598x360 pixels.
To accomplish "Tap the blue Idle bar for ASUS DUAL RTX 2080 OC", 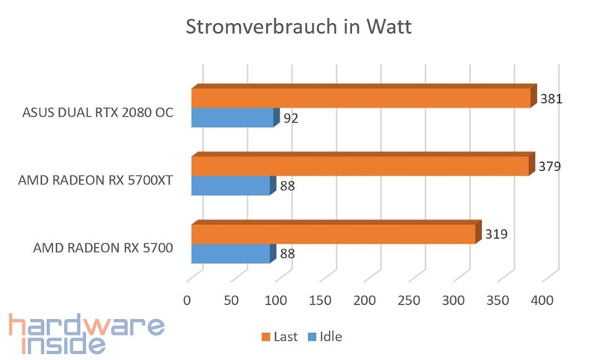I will click(232, 118).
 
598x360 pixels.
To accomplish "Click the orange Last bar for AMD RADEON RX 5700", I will click(333, 234).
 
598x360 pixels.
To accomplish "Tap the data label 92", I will click(292, 117).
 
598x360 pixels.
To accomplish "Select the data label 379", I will click(549, 166).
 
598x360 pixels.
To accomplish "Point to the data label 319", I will click(496, 234).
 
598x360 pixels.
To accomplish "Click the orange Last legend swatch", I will click(265, 337).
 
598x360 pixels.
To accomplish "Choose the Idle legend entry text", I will click(330, 337).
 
